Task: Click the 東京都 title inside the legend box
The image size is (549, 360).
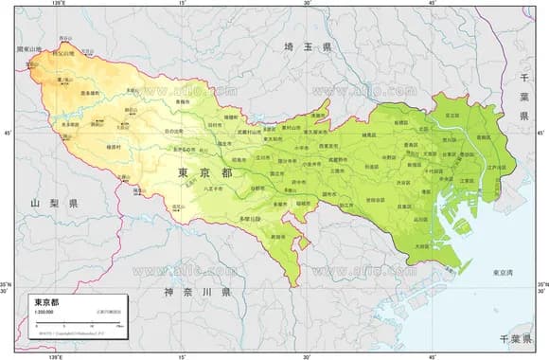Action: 45,301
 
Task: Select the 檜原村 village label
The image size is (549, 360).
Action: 114,147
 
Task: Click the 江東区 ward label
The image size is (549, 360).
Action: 466,180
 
